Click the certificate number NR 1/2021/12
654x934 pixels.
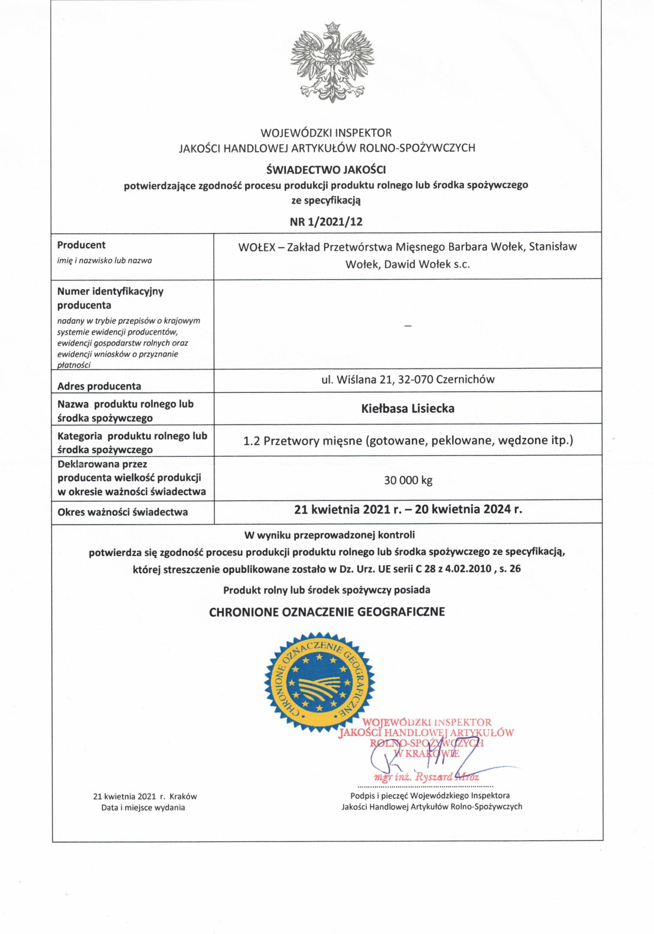point(327,221)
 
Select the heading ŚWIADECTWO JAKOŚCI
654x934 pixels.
point(327,169)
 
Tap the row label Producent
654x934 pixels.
point(81,245)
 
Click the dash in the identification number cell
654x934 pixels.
point(408,326)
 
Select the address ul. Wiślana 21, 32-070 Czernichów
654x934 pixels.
point(408,379)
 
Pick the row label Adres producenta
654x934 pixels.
point(99,386)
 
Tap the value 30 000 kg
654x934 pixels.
point(408,480)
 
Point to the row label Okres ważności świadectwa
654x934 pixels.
point(122,512)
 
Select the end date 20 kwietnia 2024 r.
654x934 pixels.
point(467,509)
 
